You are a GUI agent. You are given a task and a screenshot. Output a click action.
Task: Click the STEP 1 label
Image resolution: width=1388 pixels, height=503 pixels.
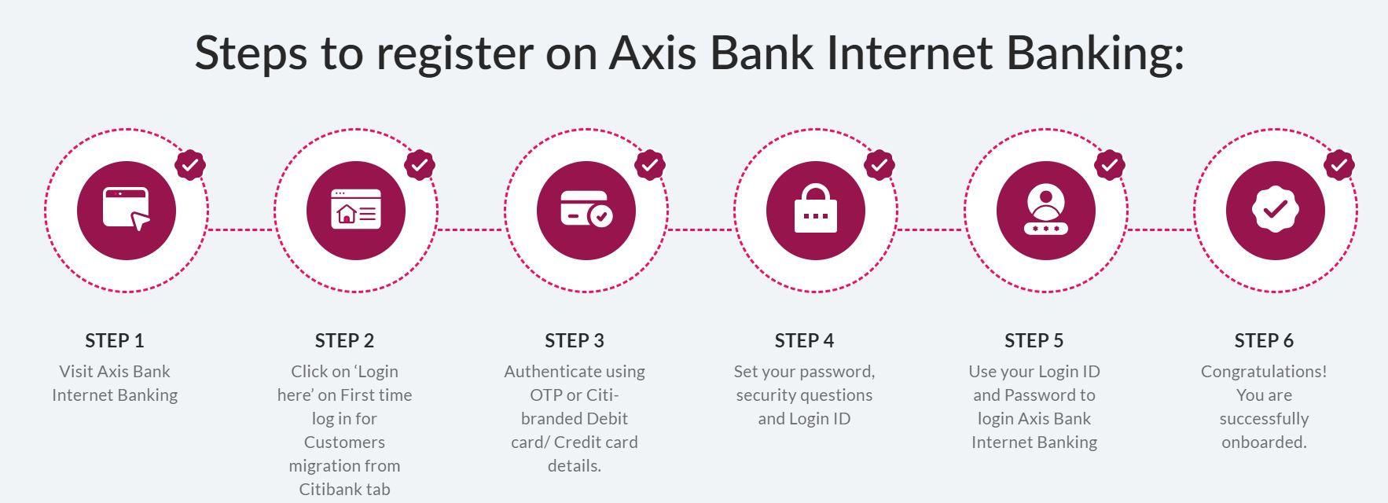tap(115, 340)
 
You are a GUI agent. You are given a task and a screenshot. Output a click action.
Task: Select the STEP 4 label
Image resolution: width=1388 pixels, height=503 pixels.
tap(804, 340)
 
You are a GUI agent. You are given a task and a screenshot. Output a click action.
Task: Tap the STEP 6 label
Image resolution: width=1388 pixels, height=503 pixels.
tap(1264, 340)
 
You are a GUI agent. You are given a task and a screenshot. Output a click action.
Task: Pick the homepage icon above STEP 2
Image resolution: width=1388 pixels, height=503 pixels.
tap(356, 209)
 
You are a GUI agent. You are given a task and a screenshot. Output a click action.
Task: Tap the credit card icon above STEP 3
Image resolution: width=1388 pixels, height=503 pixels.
tap(586, 209)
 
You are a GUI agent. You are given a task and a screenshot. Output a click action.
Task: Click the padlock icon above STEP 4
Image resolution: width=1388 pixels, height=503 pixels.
tap(816, 208)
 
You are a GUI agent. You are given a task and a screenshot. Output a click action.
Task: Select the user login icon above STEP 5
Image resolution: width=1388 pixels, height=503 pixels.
tap(1045, 210)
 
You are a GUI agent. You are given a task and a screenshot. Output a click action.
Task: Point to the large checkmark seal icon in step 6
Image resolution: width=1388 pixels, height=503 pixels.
tap(1275, 210)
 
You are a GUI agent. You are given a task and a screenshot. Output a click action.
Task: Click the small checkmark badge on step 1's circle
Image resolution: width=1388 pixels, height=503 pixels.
tap(189, 165)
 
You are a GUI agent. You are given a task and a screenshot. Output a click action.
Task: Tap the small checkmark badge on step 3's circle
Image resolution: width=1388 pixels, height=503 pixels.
tap(649, 165)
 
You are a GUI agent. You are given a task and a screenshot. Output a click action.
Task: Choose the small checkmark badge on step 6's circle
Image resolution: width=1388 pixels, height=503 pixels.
tap(1338, 165)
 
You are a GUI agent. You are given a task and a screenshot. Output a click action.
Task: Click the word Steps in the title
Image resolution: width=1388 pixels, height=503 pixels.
tap(251, 53)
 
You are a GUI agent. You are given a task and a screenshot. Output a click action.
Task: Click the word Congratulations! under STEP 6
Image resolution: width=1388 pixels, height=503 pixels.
tap(1264, 372)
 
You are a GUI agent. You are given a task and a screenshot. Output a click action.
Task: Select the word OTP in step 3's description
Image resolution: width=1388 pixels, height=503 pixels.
tap(545, 395)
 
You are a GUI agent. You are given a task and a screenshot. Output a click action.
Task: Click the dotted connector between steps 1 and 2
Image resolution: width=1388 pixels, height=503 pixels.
tap(241, 229)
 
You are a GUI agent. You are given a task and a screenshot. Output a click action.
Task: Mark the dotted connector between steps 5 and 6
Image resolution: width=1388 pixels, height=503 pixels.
tap(1160, 229)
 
